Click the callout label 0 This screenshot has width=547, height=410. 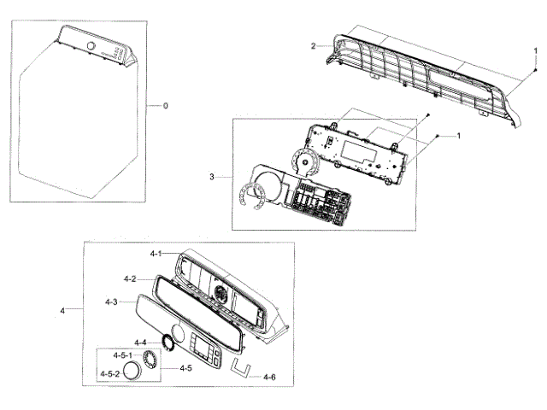coord(166,105)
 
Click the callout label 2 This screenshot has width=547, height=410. coord(314,45)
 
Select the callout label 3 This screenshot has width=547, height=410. coord(211,177)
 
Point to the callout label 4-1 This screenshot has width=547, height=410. coord(155,255)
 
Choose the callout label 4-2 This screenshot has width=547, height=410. coord(130,278)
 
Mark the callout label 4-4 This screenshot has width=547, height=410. coord(140,343)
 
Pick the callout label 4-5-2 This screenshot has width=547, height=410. coord(109,374)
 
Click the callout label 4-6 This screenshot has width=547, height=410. coord(269,377)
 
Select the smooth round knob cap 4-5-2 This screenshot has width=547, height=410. coord(132,372)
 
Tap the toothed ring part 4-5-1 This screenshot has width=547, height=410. coord(153,358)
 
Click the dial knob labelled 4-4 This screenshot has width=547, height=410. coord(168,343)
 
